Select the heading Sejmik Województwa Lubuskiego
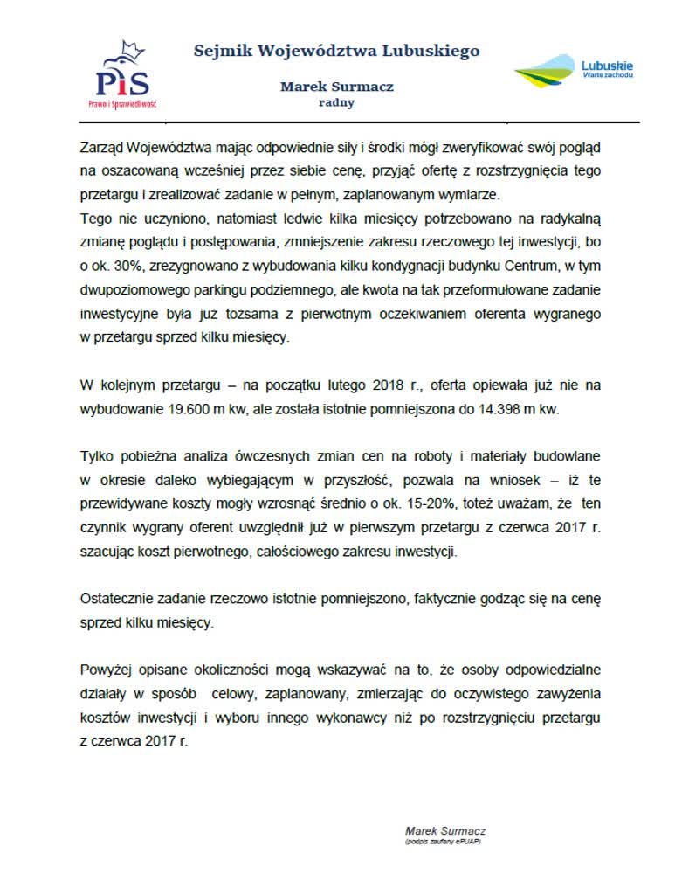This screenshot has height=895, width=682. pos(336,51)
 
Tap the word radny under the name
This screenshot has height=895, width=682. pos(336,102)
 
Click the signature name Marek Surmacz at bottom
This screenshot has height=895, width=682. pos(444,830)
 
